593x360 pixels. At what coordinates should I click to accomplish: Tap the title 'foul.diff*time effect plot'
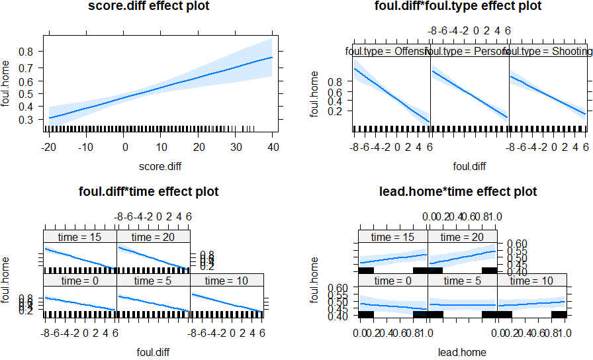pos(153,192)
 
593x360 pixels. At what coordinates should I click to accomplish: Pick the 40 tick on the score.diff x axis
pos(272,146)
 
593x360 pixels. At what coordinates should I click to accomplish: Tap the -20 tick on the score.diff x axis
pos(49,146)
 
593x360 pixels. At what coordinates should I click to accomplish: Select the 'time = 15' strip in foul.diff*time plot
pos(80,237)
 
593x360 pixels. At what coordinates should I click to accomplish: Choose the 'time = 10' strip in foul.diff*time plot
pos(227,281)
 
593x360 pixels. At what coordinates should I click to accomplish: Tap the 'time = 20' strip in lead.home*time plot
pos(463,237)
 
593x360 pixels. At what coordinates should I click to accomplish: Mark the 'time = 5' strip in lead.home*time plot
pos(463,281)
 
